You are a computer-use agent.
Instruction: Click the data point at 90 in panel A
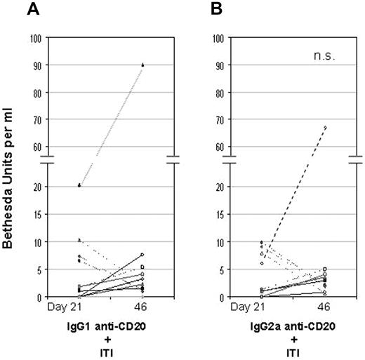tap(142, 65)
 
